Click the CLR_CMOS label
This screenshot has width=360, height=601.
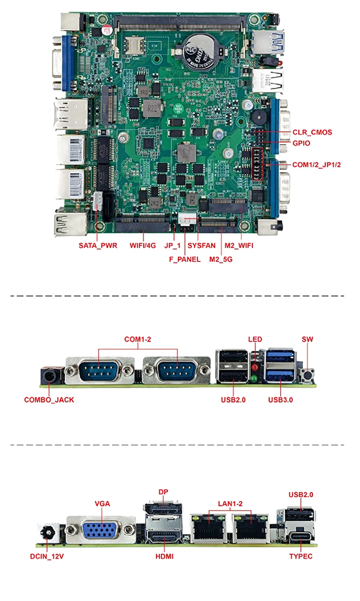(312, 132)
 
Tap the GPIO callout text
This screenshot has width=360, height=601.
(301, 143)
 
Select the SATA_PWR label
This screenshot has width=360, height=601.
(98, 245)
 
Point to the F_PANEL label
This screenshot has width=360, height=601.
(185, 259)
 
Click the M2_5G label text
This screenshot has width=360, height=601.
(221, 259)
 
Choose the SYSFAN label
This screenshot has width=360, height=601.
(201, 245)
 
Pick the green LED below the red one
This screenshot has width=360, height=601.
(255, 379)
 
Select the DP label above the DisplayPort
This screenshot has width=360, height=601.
(163, 492)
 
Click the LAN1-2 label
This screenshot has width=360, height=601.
(230, 504)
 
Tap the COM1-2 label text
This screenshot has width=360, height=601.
(138, 339)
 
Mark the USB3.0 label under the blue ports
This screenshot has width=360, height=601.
(280, 400)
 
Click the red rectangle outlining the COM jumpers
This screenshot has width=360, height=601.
(257, 164)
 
